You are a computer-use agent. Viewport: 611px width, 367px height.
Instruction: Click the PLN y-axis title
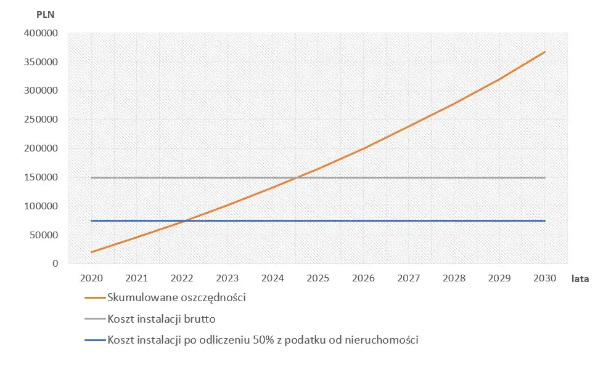click(46, 15)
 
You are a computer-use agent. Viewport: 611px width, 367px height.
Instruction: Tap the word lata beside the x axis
click(580, 279)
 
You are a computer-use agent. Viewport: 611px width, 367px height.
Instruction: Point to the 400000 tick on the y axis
click(41, 33)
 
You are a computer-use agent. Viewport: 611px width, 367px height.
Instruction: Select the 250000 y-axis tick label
click(41, 119)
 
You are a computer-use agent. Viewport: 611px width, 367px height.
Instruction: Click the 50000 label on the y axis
click(43, 235)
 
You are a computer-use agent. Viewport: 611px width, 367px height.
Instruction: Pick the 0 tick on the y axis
click(55, 264)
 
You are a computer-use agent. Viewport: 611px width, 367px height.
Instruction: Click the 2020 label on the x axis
click(92, 278)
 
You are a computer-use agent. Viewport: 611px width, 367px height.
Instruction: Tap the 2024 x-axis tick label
click(273, 278)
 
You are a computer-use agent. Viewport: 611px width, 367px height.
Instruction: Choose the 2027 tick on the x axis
click(409, 278)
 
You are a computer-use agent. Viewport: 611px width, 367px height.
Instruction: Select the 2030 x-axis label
click(545, 278)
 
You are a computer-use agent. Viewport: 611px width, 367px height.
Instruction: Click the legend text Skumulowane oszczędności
click(176, 297)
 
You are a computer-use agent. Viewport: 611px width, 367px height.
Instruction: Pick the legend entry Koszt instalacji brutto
click(162, 319)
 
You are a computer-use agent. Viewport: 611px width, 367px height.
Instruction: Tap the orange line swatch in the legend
click(95, 297)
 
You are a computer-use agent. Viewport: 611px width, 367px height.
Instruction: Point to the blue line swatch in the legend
click(95, 340)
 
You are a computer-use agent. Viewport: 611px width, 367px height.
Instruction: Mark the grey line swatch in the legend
click(95, 319)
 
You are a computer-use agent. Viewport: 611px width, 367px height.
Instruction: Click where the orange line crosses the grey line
click(297, 177)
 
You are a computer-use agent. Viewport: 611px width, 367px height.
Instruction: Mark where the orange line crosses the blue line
click(185, 220)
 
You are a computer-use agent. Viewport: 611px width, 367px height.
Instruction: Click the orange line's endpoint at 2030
click(545, 52)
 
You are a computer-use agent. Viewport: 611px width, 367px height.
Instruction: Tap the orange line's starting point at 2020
click(92, 252)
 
